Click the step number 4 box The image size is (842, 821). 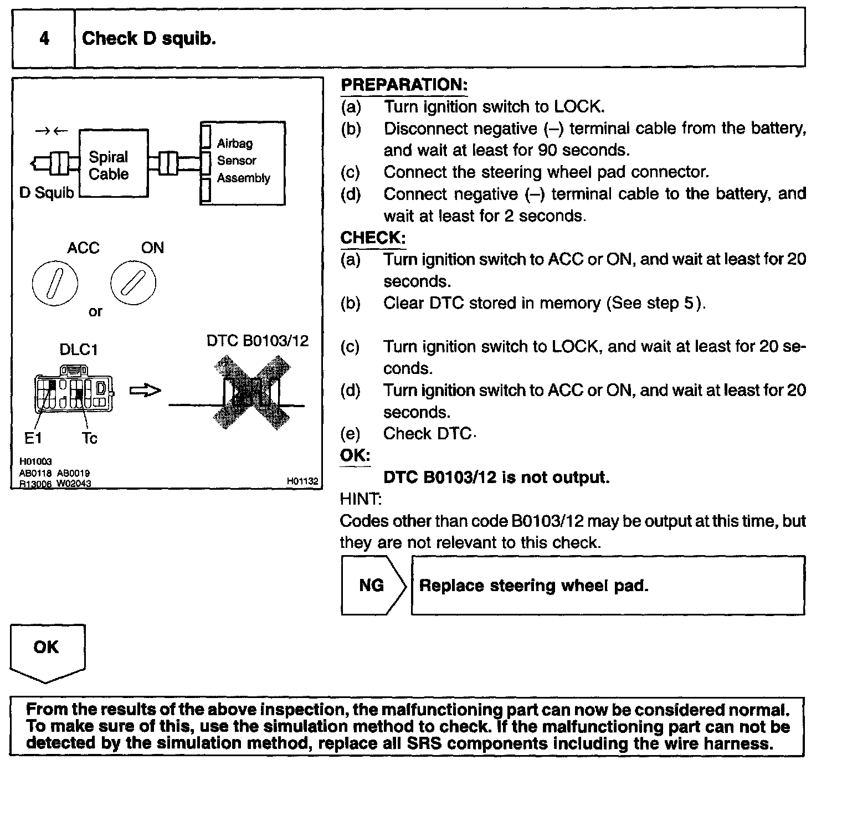point(44,38)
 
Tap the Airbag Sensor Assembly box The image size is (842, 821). point(243,163)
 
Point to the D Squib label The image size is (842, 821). point(47,193)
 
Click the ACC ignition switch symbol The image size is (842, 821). point(55,283)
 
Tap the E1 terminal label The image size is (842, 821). point(33,438)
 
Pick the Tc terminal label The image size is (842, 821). point(89,438)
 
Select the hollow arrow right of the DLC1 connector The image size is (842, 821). point(145,391)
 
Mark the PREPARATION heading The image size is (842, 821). point(404,85)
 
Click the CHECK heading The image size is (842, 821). point(373,238)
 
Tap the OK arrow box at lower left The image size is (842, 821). point(47,651)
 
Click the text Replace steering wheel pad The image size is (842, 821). point(533,586)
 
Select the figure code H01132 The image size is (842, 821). point(302,481)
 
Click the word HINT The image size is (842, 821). point(360,499)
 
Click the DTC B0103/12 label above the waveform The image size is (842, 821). point(258,340)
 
